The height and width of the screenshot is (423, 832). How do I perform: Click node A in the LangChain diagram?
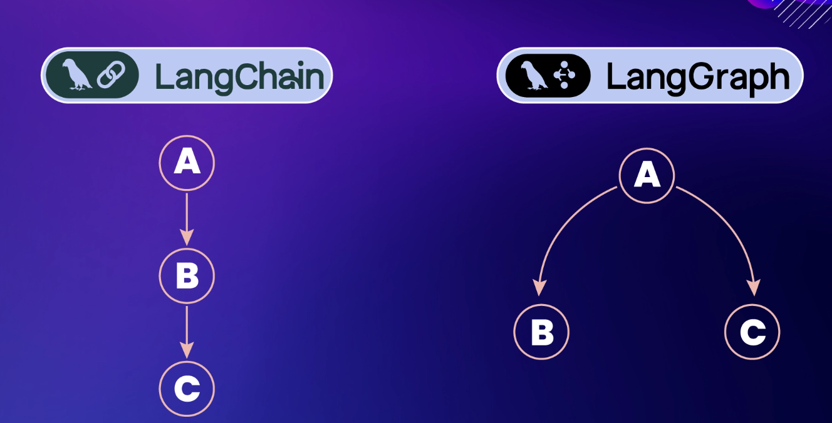pos(187,163)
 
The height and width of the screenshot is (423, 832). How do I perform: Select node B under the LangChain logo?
pos(187,275)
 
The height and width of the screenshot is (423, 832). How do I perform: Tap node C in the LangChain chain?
pos(187,389)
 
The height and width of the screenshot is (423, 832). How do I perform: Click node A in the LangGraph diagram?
pos(647,176)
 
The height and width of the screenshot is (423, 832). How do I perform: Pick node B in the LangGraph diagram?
pos(541,332)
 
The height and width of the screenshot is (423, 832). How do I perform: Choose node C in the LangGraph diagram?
pos(752,332)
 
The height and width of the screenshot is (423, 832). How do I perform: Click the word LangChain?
pos(239,76)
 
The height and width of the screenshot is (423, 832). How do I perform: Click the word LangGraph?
pos(698,76)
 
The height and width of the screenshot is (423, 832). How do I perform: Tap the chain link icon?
pos(112,75)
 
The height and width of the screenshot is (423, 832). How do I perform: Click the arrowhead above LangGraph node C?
pos(754,288)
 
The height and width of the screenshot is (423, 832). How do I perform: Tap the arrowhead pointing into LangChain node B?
pos(187,238)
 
